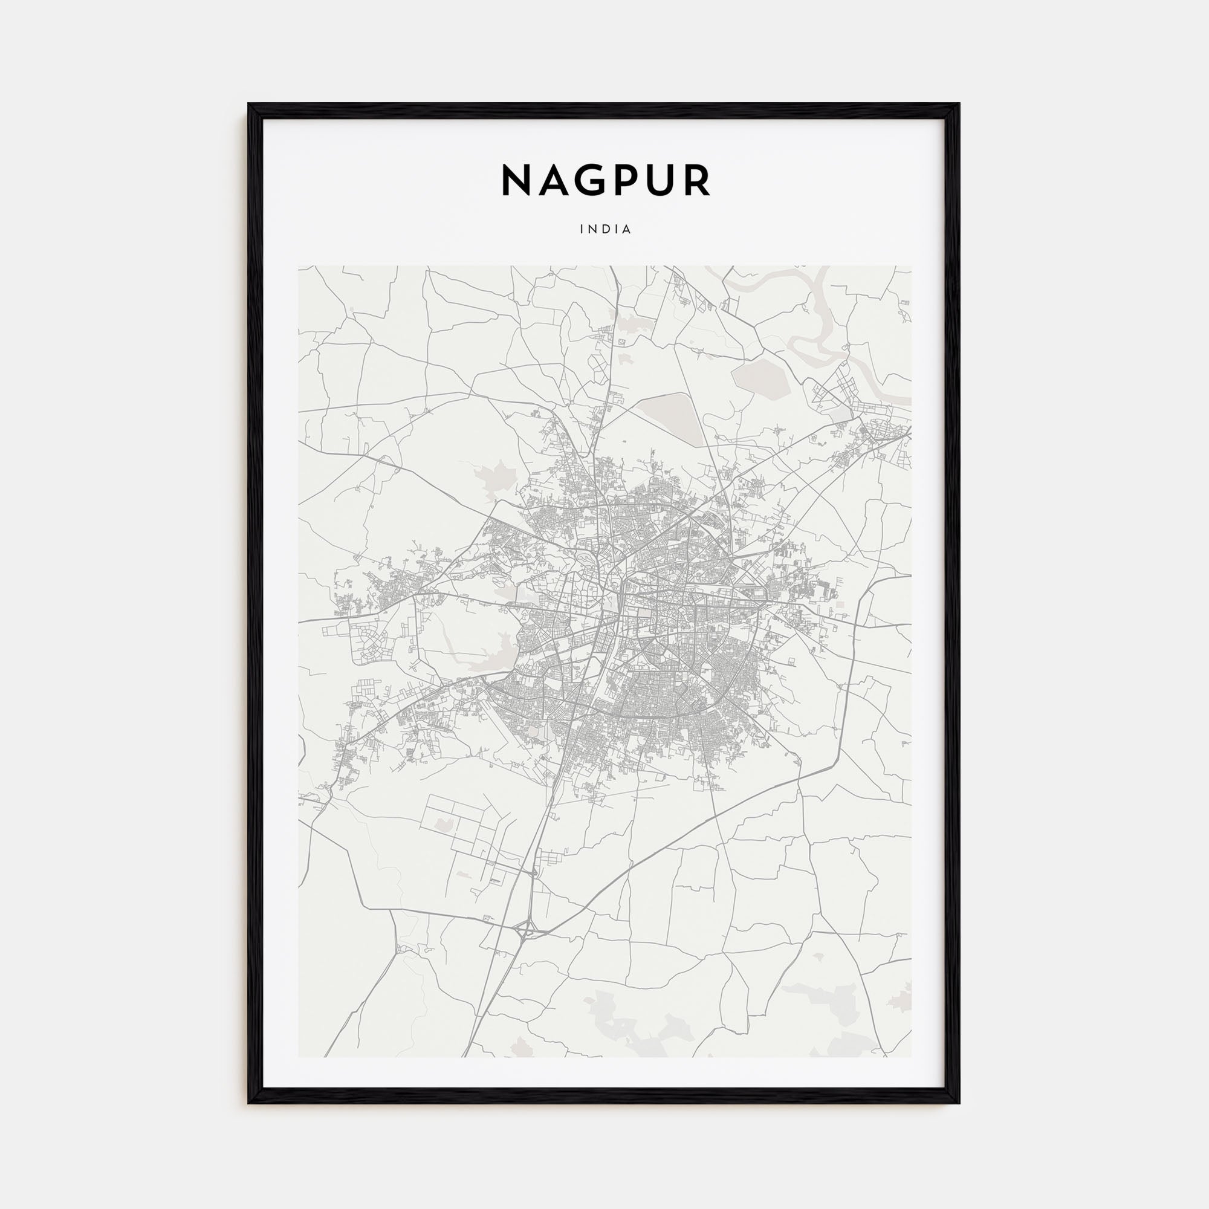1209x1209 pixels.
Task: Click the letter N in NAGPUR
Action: click(x=519, y=181)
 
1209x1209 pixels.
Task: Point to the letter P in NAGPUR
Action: click(x=626, y=181)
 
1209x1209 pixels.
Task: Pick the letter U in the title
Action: click(x=660, y=181)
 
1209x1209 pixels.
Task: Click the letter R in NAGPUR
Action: click(x=696, y=181)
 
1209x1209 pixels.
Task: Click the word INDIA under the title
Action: click(x=605, y=230)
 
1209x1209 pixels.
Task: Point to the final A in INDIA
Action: click(x=627, y=230)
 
